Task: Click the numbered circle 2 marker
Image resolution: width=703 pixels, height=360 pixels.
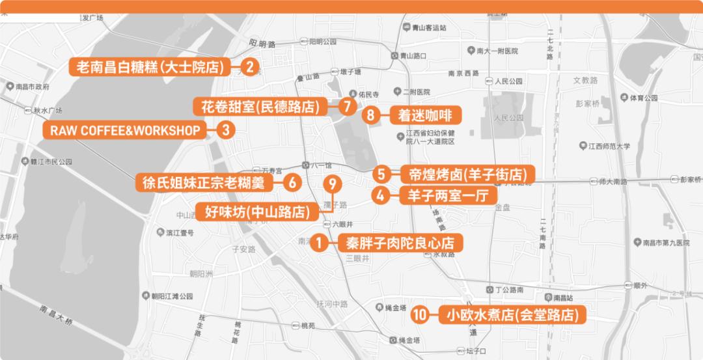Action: coord(249,66)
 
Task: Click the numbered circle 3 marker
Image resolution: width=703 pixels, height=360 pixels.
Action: coord(225,130)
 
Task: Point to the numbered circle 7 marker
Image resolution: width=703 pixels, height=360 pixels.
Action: coord(348,106)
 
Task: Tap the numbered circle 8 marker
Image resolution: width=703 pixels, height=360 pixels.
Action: coord(370,116)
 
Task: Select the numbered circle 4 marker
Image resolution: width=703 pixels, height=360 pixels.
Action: coord(380,195)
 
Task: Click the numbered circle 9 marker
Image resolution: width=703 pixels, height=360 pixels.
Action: coord(332,184)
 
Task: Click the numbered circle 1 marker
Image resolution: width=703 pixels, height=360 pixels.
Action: coord(319,243)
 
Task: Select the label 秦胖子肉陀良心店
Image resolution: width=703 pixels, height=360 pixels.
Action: coord(400,243)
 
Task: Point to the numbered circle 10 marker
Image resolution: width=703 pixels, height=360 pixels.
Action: coord(420,316)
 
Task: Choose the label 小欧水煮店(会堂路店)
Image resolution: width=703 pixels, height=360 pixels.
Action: coord(512,316)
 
